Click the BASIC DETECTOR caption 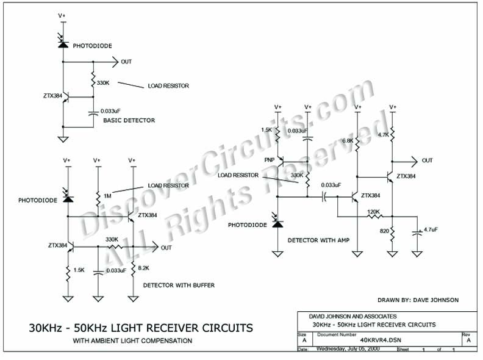[129, 120]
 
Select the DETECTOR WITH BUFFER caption [178, 285]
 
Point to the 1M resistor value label [107, 195]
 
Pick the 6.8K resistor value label [348, 141]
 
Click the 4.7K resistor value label [384, 134]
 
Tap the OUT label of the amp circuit [427, 160]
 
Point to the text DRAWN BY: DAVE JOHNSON [418, 300]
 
